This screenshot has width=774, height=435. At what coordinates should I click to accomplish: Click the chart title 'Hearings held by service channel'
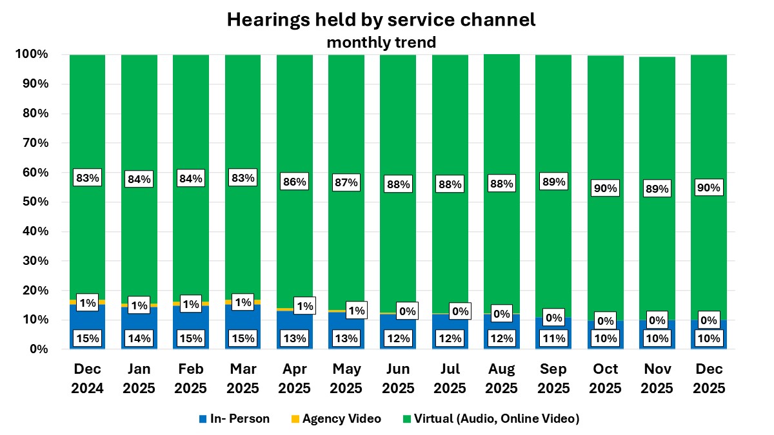[x=381, y=20]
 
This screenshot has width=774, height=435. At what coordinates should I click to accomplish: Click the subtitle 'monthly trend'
[x=381, y=43]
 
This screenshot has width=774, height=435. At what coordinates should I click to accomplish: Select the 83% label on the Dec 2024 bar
[x=87, y=179]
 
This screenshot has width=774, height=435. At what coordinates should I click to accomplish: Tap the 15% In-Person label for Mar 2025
[x=243, y=338]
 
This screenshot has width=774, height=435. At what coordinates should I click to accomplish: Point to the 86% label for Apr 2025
[x=294, y=182]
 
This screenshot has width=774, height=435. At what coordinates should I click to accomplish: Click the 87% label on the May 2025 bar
[x=346, y=182]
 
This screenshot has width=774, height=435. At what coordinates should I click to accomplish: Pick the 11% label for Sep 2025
[x=553, y=338]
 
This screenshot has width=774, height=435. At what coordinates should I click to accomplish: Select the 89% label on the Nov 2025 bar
[x=657, y=189]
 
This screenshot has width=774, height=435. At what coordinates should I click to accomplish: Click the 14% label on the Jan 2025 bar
[x=139, y=338]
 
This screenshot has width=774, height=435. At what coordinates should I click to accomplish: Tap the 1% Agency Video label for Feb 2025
[x=191, y=304]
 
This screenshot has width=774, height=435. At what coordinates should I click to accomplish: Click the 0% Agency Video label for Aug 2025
[x=502, y=313]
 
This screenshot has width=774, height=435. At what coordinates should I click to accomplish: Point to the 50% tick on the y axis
[x=32, y=202]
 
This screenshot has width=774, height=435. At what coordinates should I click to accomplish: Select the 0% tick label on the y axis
[x=35, y=349]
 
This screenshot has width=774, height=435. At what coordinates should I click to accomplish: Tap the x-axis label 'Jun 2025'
[x=398, y=379]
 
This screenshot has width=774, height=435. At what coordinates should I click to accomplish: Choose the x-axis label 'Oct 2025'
[x=606, y=379]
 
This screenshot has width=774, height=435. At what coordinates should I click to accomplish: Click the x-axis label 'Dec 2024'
[x=87, y=379]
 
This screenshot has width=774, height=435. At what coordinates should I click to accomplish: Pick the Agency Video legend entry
[x=335, y=419]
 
